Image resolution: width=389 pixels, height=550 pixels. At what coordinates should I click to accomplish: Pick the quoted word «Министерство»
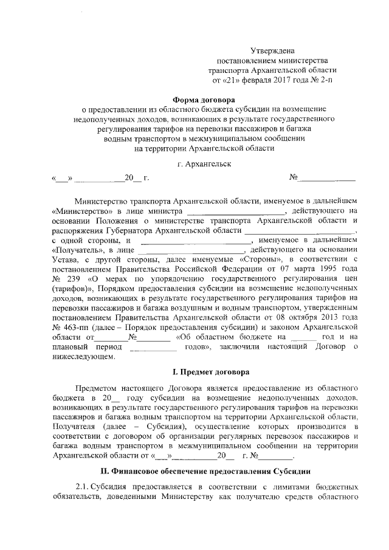point(80,210)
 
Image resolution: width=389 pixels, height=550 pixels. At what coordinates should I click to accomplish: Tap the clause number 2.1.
point(83,487)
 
